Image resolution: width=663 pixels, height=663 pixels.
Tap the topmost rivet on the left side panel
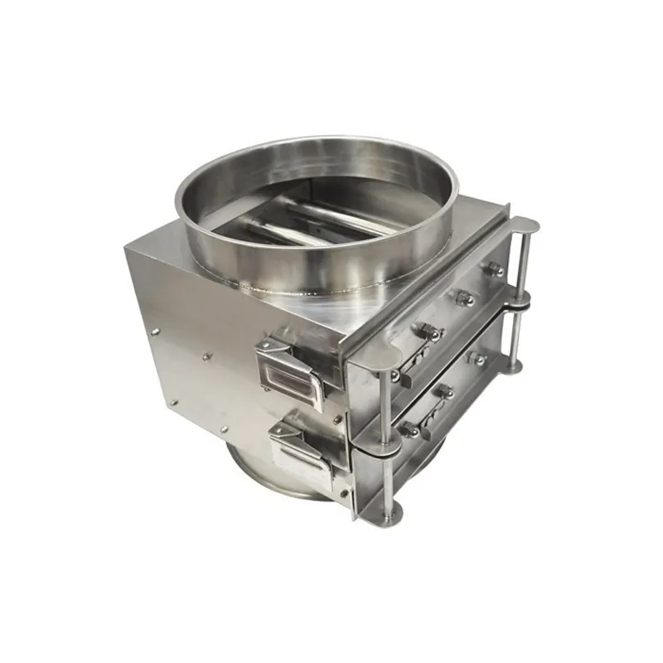coord(155,329)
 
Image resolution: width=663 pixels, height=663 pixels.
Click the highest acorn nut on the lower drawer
coord(478,359)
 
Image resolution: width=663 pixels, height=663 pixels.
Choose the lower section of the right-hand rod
coord(515,340)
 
